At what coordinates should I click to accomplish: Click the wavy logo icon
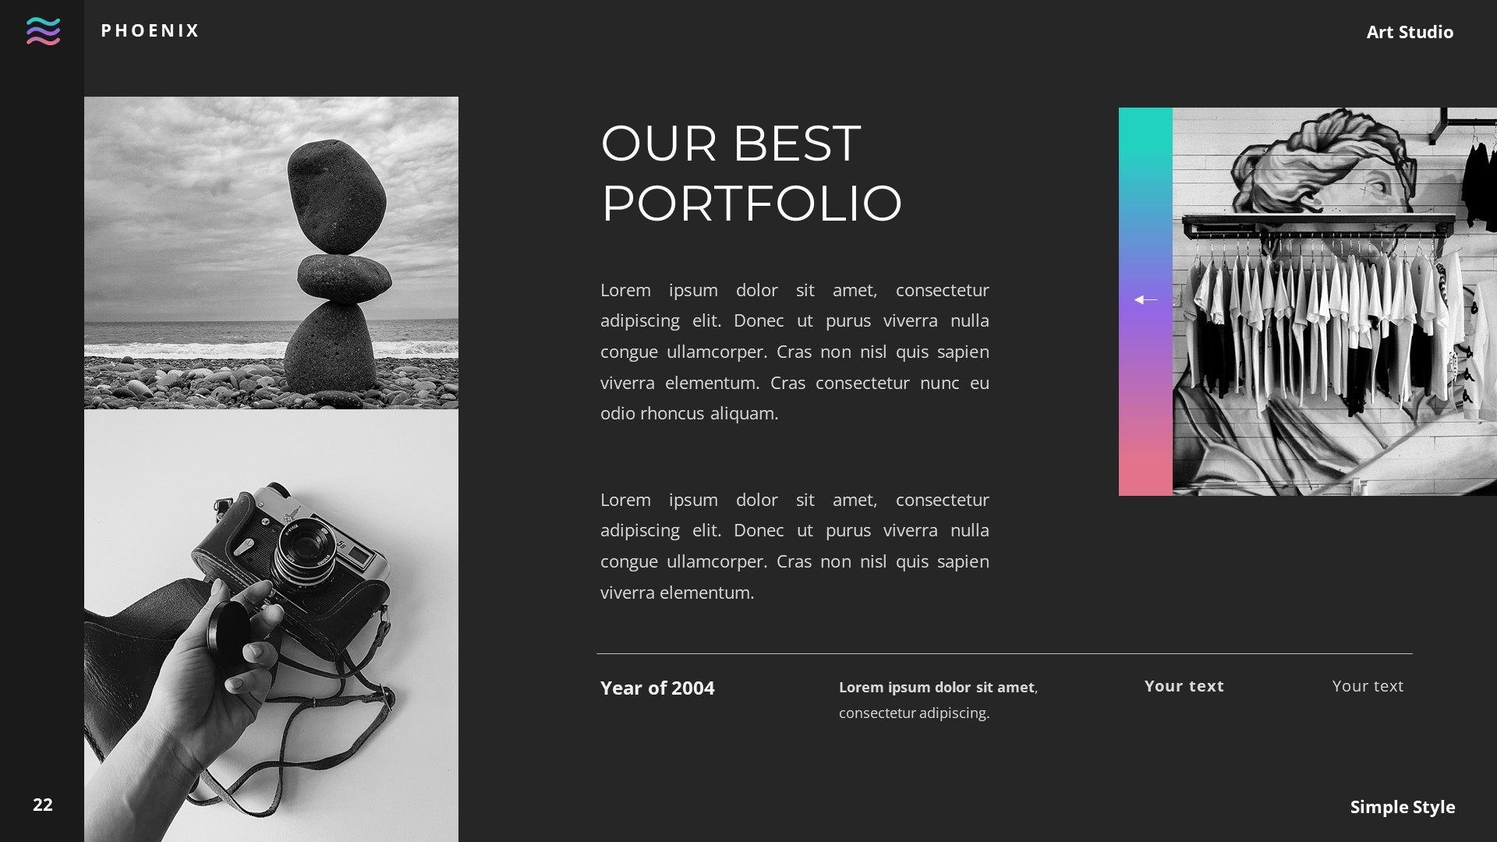click(43, 31)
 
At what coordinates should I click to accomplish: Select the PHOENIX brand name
click(150, 30)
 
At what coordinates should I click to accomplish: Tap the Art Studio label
click(1409, 32)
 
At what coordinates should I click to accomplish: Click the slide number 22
click(43, 805)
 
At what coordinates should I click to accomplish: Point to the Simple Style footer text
click(1402, 807)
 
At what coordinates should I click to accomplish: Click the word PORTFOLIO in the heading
click(751, 203)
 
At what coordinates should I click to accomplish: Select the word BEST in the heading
click(796, 143)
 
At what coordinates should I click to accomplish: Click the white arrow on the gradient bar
click(1145, 299)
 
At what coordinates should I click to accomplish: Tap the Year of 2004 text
click(657, 688)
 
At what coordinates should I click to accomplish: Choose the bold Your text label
click(1184, 686)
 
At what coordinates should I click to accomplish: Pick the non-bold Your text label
click(1367, 686)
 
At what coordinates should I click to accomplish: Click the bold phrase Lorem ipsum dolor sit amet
click(936, 687)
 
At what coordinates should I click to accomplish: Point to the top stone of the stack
click(336, 196)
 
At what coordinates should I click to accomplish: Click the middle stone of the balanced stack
click(344, 275)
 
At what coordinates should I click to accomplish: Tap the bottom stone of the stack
click(332, 347)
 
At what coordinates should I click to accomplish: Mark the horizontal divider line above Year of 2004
click(1004, 653)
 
